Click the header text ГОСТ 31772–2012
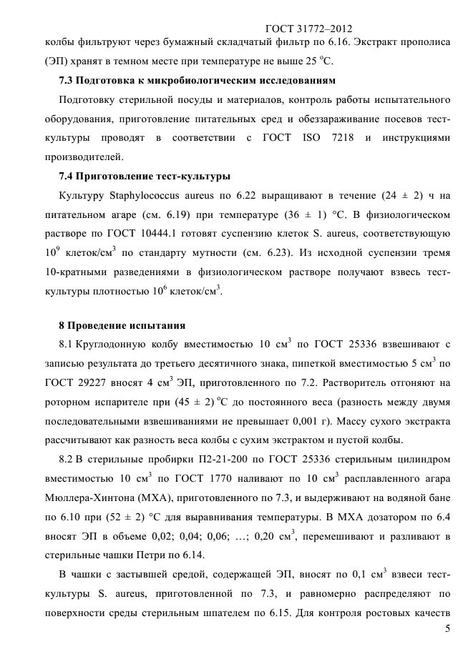tap(308, 29)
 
